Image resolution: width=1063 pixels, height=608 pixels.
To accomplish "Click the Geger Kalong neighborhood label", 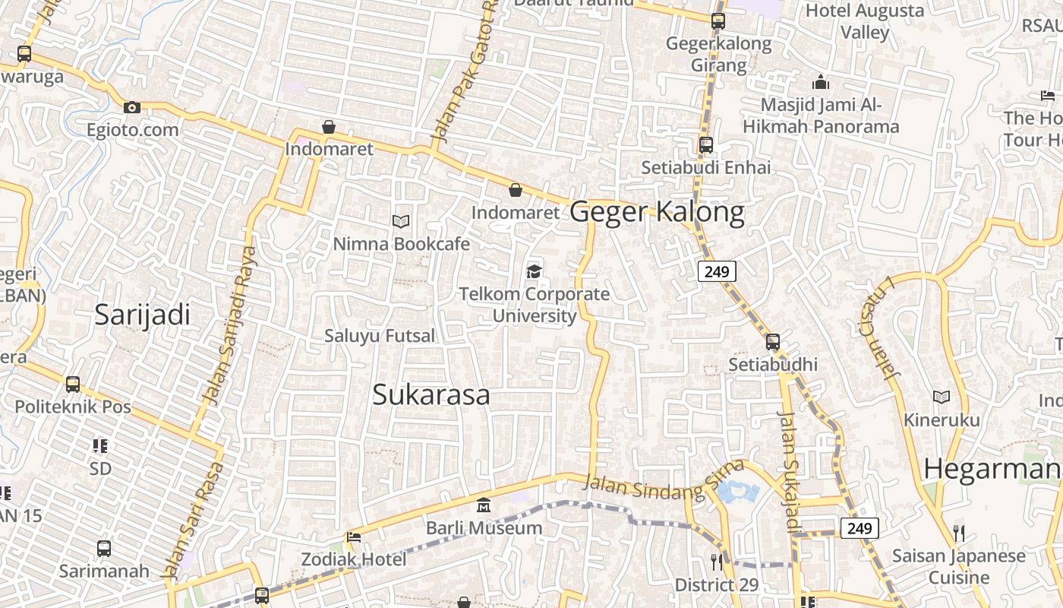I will click(x=657, y=212).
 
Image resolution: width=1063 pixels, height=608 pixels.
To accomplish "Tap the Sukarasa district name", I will click(x=431, y=395).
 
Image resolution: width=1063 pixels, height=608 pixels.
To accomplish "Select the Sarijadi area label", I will click(x=142, y=315).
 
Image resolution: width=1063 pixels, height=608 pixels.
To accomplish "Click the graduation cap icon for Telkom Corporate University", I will click(x=535, y=271).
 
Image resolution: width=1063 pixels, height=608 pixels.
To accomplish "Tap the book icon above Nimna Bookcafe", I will click(x=401, y=221).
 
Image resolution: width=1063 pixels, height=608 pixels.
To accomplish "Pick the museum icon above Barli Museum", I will click(x=484, y=505).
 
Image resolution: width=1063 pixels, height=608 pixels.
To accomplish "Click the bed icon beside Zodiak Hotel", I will click(x=353, y=537).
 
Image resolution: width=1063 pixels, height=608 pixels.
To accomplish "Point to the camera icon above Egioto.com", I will click(x=132, y=108).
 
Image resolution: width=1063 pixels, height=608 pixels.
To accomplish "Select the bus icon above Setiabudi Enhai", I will click(x=706, y=144).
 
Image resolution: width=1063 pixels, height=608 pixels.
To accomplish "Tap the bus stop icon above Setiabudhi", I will click(x=773, y=342).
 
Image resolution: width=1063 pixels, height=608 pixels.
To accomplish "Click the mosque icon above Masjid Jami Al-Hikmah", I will click(x=820, y=82).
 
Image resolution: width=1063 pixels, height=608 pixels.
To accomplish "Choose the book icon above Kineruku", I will click(x=942, y=397).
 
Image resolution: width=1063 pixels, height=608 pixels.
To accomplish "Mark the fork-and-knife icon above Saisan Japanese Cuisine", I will click(x=959, y=533).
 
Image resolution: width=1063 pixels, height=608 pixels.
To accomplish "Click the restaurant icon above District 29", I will click(x=717, y=562).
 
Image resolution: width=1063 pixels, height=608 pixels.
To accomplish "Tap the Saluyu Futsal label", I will click(x=380, y=335).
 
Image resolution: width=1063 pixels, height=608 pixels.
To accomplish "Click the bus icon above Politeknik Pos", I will click(x=73, y=385).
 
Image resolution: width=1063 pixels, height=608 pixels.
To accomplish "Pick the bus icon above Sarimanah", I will click(x=104, y=548).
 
